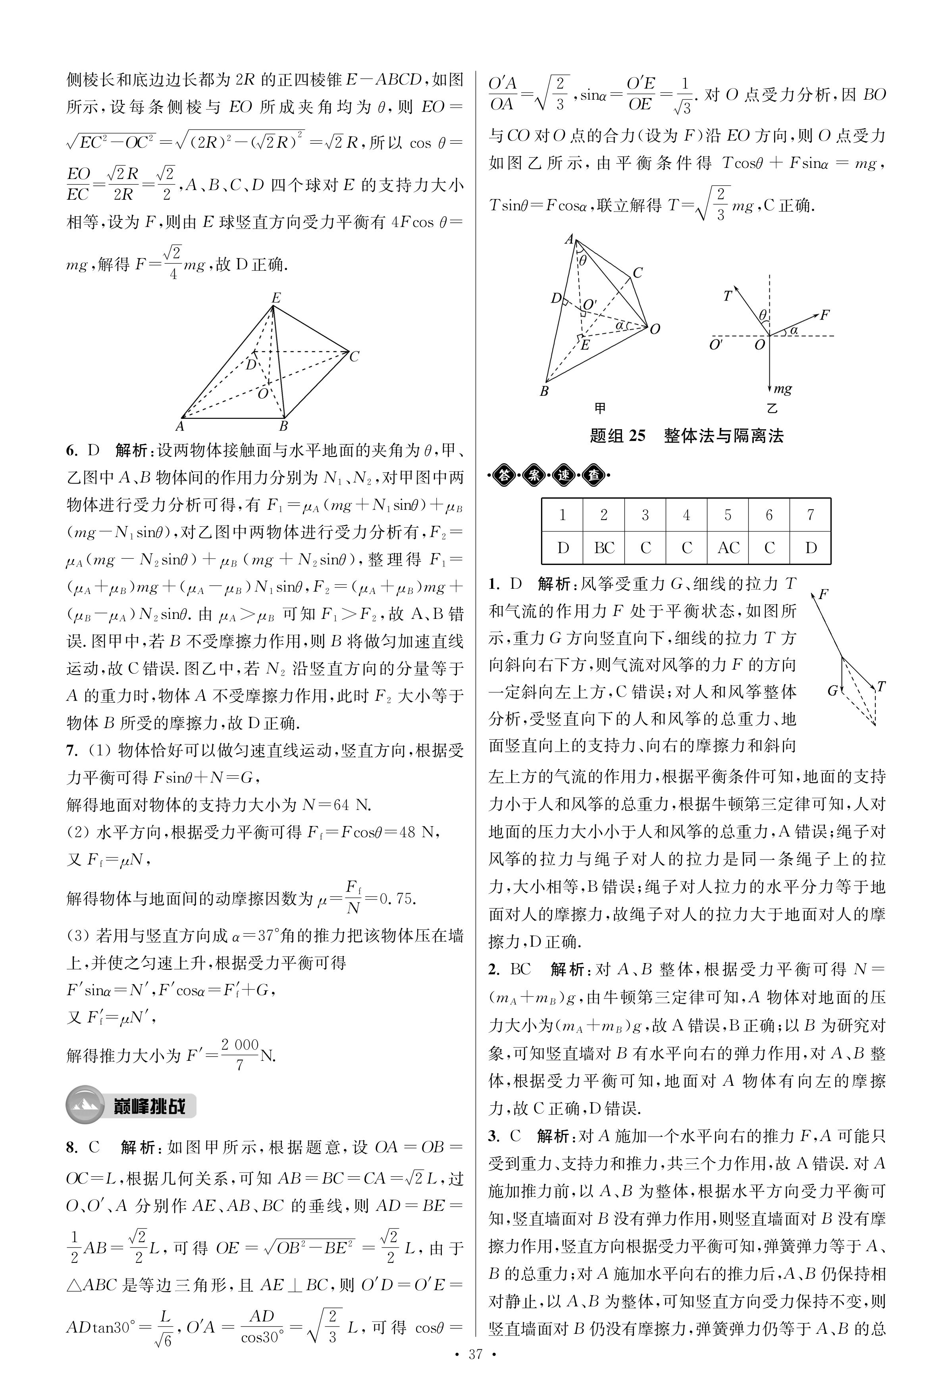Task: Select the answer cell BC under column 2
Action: [x=604, y=548]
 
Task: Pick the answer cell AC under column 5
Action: [x=728, y=548]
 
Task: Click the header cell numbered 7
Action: [x=811, y=515]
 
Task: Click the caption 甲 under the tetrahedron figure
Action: [x=599, y=409]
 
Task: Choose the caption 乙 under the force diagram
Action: [x=772, y=409]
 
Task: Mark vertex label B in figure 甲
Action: [x=544, y=391]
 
